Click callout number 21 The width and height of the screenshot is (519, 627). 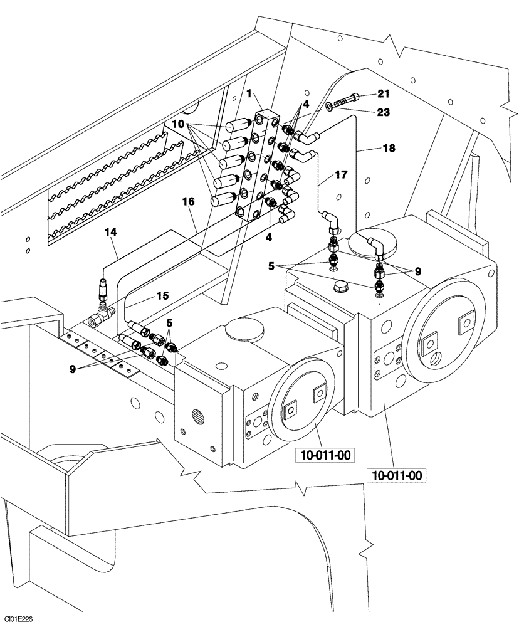(x=384, y=95)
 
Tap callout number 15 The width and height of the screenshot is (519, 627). (x=162, y=295)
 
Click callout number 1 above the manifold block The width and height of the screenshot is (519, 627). (x=249, y=93)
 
